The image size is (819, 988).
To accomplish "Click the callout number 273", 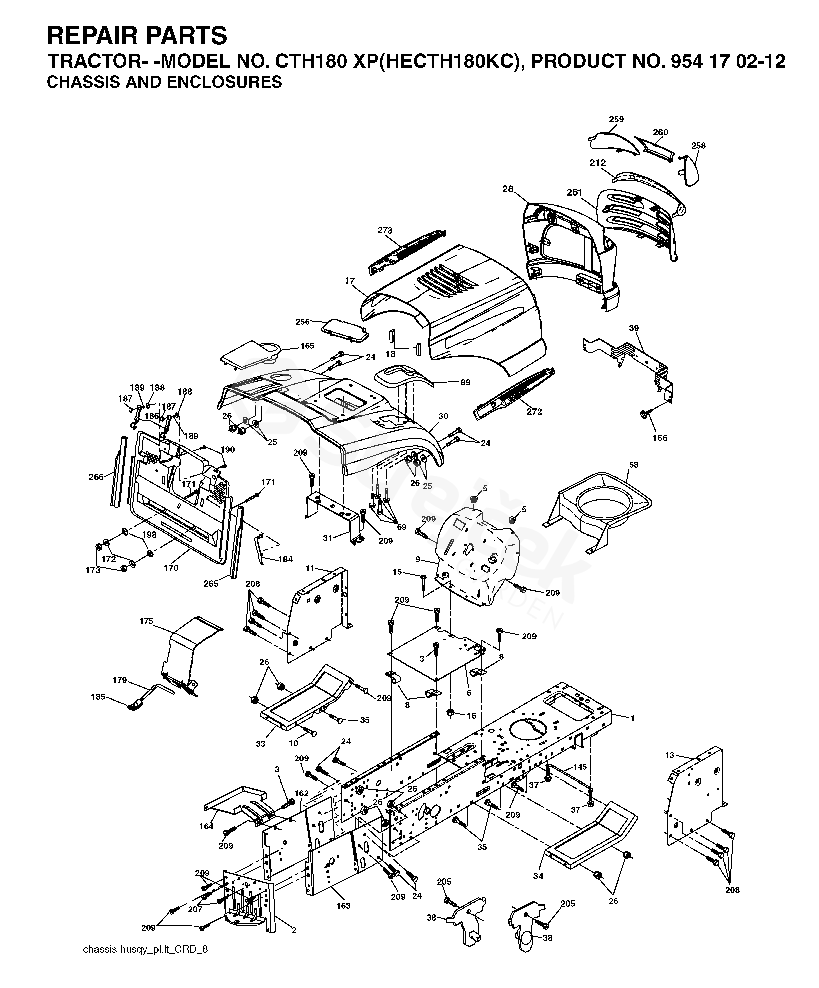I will [x=385, y=230].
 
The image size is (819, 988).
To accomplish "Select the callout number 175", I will [x=146, y=621].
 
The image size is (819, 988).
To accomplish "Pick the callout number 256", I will [x=302, y=322].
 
